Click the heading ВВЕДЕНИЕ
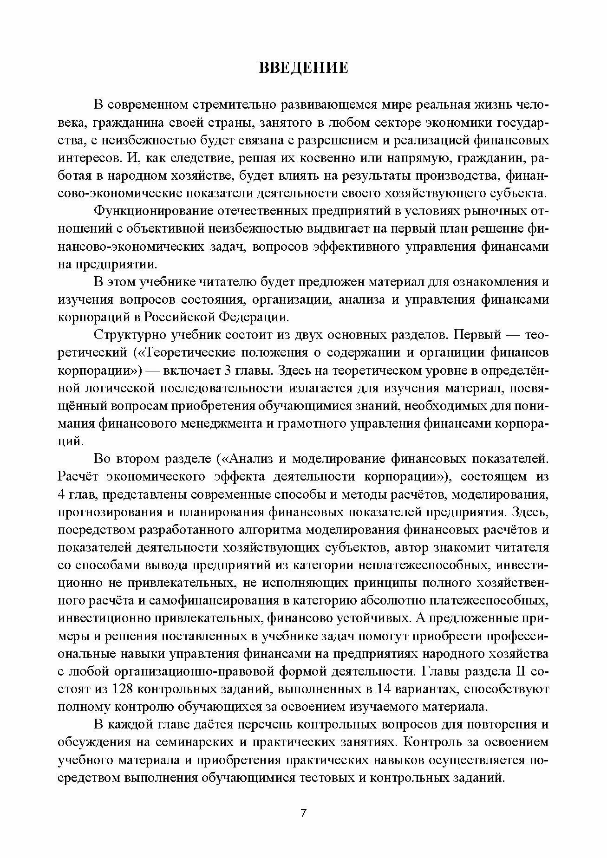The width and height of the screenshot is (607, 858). pyautogui.click(x=303, y=68)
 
